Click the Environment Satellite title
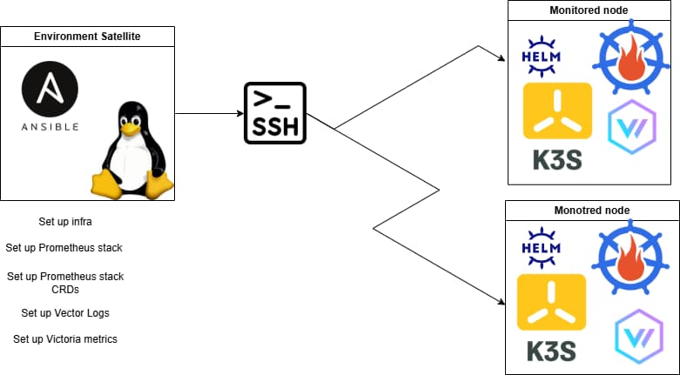coord(87,37)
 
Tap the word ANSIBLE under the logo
coord(50,126)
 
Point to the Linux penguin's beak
coord(131,128)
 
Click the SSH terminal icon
coord(274,113)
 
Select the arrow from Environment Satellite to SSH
coord(209,113)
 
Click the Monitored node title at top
coord(589,10)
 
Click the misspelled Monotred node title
coord(592,211)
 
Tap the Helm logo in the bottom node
coord(542,246)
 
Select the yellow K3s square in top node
coord(557,110)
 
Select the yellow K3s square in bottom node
coord(552,302)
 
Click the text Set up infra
coord(65,222)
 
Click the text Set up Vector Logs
coord(65,312)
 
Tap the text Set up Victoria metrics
coord(65,338)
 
